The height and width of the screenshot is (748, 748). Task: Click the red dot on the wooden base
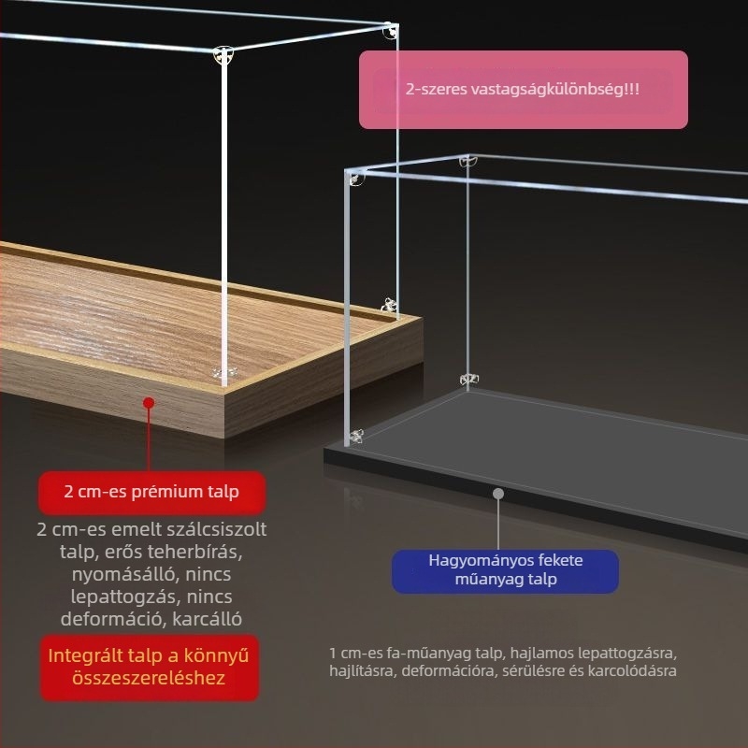[149, 403]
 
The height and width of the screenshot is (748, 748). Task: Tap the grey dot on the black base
[498, 494]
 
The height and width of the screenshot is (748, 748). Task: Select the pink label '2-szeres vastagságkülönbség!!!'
[524, 90]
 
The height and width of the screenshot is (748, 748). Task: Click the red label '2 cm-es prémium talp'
[151, 492]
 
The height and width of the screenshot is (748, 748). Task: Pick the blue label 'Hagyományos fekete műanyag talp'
[505, 570]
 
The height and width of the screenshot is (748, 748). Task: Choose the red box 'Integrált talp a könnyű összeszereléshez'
[150, 667]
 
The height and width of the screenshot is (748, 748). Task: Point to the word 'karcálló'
[207, 619]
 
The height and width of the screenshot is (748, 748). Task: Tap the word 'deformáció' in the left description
[112, 619]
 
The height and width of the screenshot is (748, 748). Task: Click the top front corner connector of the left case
[223, 55]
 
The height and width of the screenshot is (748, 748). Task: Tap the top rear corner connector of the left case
[390, 31]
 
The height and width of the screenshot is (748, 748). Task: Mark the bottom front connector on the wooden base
[224, 372]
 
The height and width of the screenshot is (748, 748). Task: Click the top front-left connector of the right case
[355, 178]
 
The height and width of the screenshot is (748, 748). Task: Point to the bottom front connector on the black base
[355, 436]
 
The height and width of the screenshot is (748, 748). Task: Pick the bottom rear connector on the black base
[469, 380]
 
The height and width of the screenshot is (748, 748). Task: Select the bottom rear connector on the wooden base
[389, 306]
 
